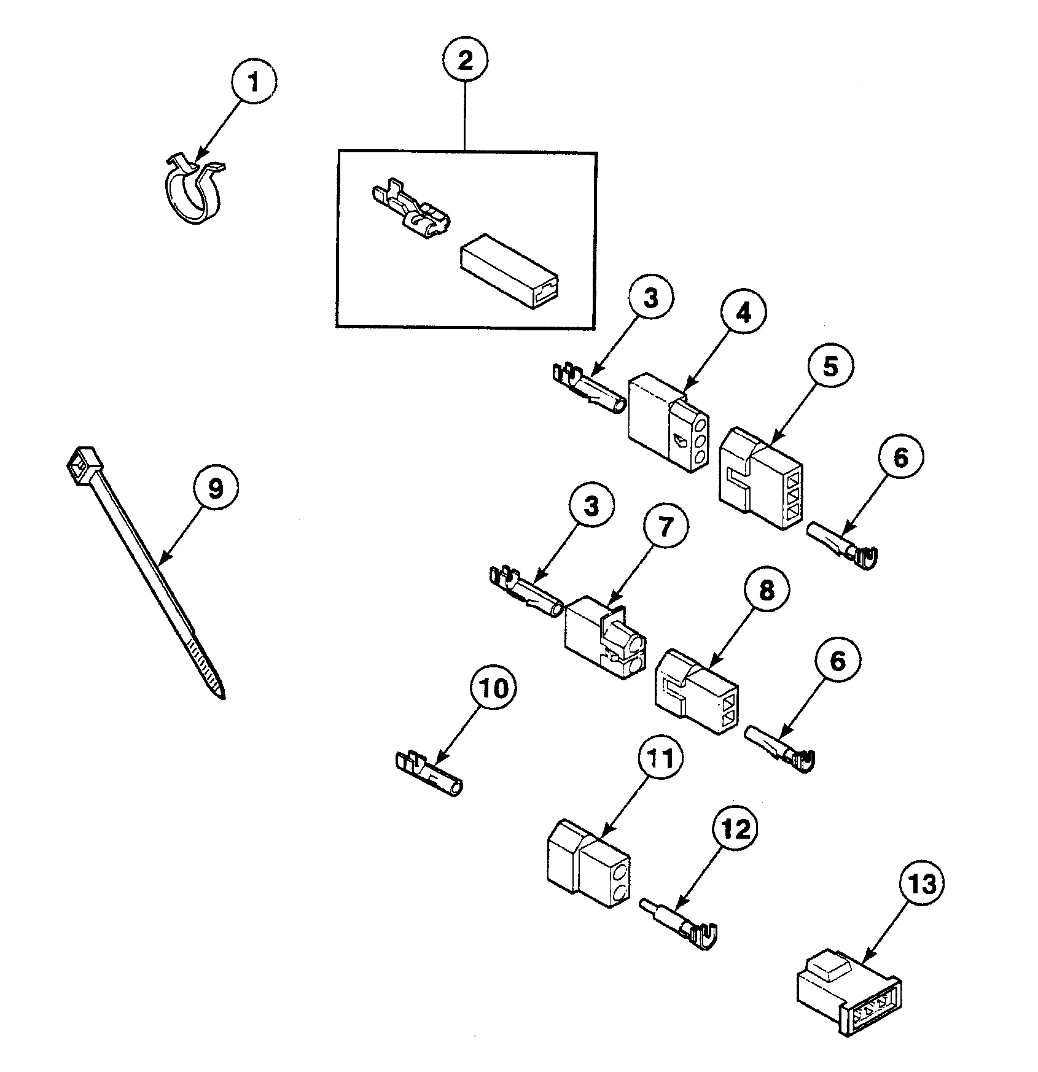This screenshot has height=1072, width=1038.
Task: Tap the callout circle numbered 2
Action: tap(465, 60)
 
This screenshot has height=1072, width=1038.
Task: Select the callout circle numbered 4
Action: tap(743, 313)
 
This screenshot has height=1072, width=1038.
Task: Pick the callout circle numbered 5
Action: tap(830, 367)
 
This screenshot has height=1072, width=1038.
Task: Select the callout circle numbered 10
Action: tap(494, 689)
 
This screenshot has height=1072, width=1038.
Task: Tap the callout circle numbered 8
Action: tap(767, 591)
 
